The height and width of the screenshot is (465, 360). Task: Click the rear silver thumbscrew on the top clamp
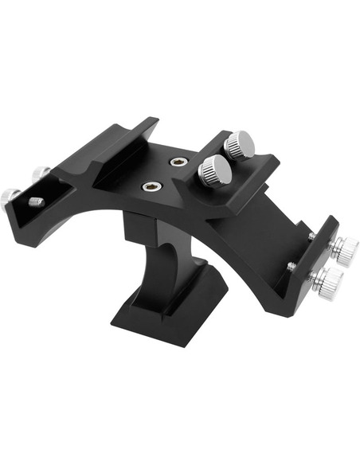click(x=238, y=145)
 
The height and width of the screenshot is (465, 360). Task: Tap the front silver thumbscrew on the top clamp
click(x=213, y=170)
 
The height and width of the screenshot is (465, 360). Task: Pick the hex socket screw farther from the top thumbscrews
click(x=151, y=187)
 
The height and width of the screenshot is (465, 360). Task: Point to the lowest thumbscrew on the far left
click(x=10, y=194)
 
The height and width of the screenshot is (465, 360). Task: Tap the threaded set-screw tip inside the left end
click(x=36, y=202)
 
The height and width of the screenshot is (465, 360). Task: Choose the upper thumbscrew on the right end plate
click(x=344, y=251)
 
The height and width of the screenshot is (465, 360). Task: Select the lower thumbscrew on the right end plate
click(x=329, y=280)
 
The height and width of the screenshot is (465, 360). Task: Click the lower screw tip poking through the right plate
click(x=293, y=265)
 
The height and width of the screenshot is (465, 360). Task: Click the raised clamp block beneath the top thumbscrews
click(x=239, y=179)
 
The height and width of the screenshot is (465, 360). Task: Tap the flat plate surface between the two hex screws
click(x=163, y=175)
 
